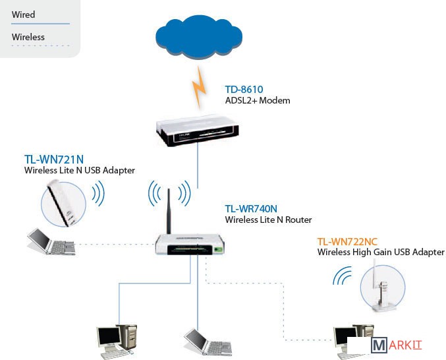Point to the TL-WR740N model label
[x=250, y=208]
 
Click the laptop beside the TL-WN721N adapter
[x=49, y=243]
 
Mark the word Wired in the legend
[x=24, y=15]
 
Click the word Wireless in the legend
[x=28, y=37]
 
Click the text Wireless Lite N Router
[x=268, y=220]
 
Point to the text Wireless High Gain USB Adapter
[x=381, y=253]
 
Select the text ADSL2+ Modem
[x=258, y=101]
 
